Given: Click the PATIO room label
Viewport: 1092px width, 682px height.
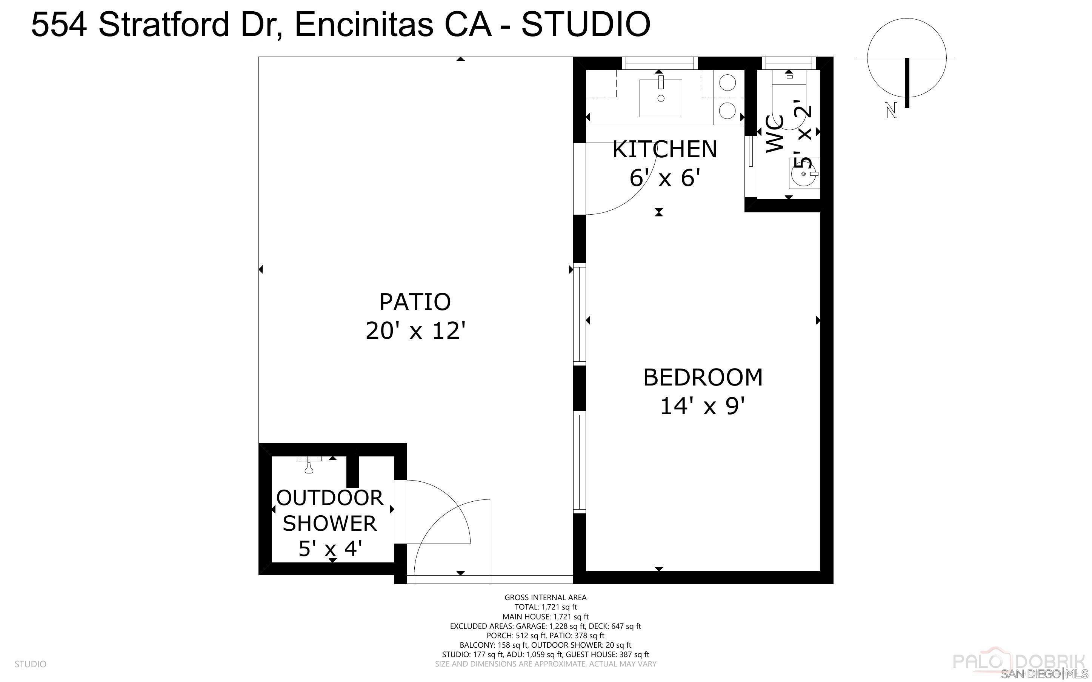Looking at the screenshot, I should coord(415,302).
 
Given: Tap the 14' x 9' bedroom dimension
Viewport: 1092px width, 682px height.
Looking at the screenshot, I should coord(702,406).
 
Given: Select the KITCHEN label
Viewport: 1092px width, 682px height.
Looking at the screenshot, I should coord(664,149).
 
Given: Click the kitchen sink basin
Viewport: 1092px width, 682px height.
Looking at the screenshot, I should coord(661,98).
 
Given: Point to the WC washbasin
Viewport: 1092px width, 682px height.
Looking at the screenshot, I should coord(804,173).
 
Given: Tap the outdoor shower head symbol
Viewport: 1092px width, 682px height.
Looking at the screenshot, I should coord(309,465).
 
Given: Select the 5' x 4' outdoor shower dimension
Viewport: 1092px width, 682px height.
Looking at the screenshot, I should coord(330,549).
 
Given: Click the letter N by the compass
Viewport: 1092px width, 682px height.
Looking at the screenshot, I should coord(891,111).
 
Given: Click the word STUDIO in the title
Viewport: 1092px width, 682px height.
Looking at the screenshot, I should coord(586,25).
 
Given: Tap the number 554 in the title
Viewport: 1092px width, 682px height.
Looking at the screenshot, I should coord(58,25).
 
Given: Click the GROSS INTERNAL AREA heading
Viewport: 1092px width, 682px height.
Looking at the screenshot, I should coord(545,597).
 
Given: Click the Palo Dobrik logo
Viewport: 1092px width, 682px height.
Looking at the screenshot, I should coord(1018,662).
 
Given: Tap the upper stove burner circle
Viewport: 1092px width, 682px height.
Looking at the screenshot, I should coord(727,83).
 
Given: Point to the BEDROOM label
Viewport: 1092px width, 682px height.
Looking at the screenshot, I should coord(702,378).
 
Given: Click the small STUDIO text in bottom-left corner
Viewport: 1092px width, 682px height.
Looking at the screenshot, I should coord(30,664).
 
